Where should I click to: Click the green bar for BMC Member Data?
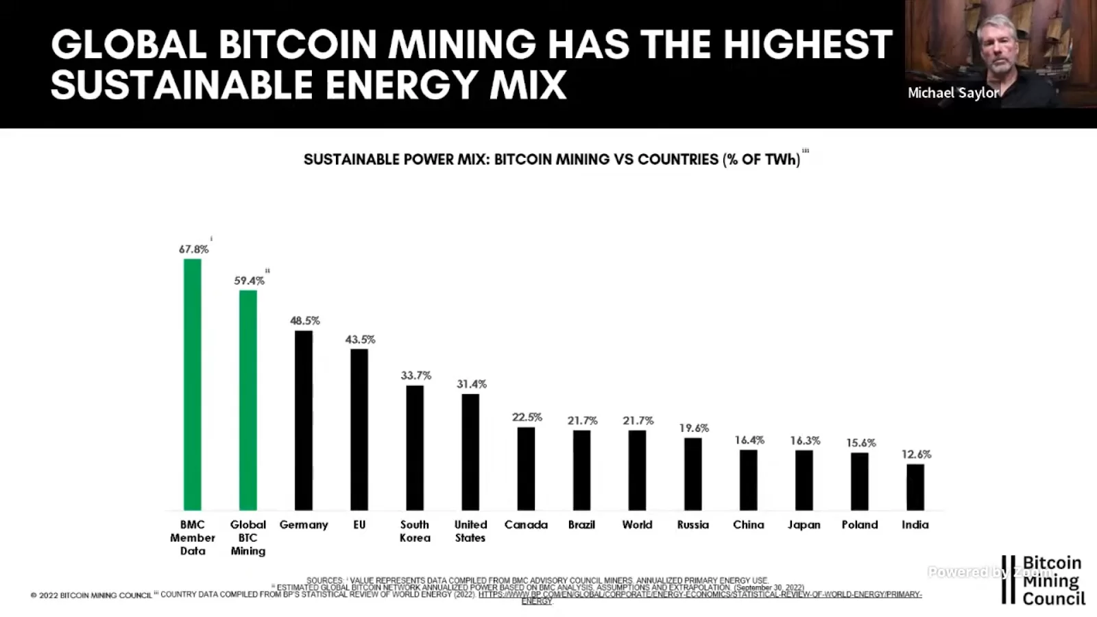193,384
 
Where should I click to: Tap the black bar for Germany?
304,420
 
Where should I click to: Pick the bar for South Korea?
415,448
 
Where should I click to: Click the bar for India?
915,487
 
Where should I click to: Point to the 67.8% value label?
193,250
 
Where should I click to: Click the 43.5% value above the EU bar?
360,339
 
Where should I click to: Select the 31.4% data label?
472,384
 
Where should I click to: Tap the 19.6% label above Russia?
694,428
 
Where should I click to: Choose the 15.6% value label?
860,443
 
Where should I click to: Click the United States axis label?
470,531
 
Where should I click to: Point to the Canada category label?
526,524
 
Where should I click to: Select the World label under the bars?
637,524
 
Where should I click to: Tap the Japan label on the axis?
804,524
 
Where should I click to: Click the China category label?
748,524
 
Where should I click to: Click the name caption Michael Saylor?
953,93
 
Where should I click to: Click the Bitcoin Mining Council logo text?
1053,581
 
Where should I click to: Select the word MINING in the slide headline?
462,45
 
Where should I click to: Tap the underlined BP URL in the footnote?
699,594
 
